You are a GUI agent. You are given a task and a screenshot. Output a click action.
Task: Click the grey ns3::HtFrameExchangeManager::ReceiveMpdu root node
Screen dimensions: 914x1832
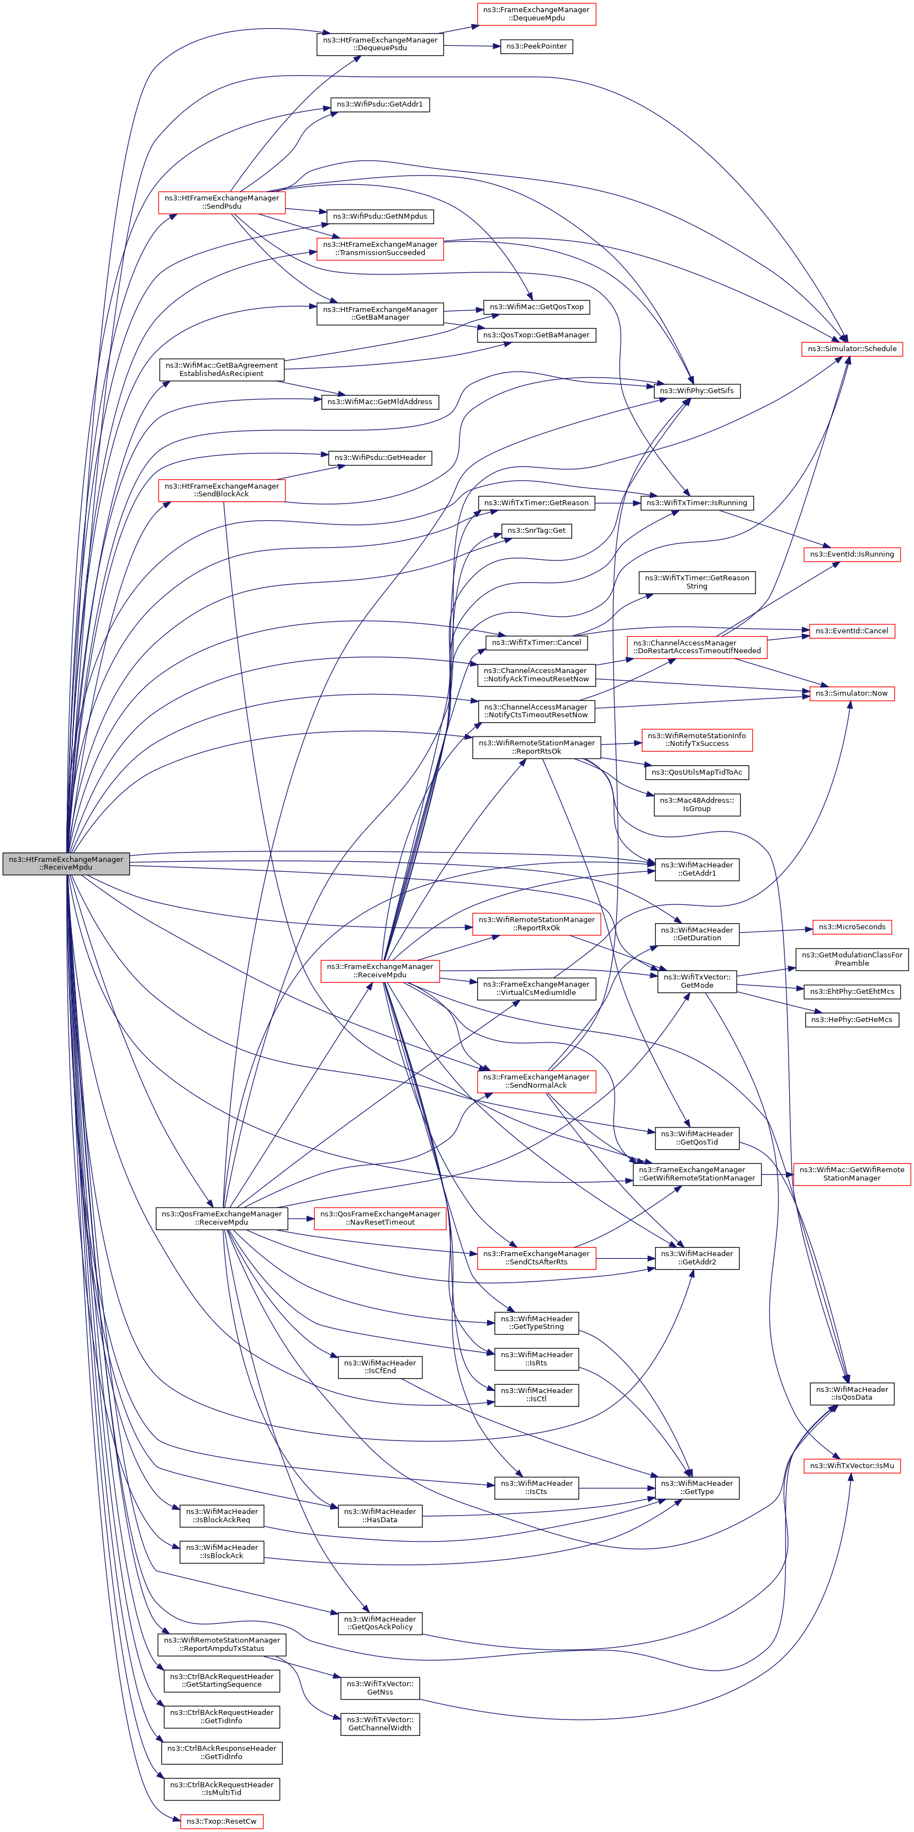(x=66, y=864)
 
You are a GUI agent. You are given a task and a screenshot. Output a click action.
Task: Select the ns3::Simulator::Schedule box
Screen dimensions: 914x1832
(x=852, y=348)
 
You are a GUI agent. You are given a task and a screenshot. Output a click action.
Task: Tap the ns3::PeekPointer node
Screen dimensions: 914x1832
(x=536, y=46)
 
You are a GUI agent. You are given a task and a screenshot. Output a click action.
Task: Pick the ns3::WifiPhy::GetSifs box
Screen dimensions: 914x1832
(x=696, y=390)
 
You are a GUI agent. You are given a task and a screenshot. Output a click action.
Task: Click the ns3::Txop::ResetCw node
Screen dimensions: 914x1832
(x=221, y=1822)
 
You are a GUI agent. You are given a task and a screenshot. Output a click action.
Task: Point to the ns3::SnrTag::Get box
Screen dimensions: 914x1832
(x=537, y=531)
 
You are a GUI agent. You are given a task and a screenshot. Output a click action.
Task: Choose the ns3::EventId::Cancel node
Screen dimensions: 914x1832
(x=852, y=631)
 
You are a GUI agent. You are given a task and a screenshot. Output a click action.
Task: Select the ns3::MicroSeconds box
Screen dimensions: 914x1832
(x=852, y=926)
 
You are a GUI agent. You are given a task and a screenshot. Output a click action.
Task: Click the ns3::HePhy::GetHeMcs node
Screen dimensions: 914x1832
(x=852, y=1020)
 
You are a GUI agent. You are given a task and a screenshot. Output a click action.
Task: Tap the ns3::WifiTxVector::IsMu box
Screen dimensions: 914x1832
(x=852, y=1466)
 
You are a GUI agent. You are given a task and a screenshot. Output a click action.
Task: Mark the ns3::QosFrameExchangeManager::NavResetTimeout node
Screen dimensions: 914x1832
(x=380, y=1217)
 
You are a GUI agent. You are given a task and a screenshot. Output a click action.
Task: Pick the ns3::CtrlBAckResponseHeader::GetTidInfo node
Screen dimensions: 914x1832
(x=221, y=1752)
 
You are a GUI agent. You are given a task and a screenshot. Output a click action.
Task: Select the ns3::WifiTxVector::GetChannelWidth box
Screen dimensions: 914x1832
(x=380, y=1724)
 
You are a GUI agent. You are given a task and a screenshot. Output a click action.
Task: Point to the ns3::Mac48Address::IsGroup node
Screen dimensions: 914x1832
(x=696, y=804)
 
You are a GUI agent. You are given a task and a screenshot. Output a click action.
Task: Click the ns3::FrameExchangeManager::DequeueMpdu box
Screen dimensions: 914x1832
(x=536, y=14)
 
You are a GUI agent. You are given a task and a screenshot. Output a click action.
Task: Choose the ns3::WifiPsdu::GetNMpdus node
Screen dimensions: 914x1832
(x=380, y=216)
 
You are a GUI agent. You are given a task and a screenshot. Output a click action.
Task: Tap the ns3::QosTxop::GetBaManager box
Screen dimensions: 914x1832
(x=536, y=335)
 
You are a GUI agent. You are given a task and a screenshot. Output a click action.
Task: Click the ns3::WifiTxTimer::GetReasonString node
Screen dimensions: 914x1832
(x=696, y=582)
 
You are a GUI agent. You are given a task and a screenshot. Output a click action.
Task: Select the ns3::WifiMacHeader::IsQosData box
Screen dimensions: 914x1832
(x=852, y=1393)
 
